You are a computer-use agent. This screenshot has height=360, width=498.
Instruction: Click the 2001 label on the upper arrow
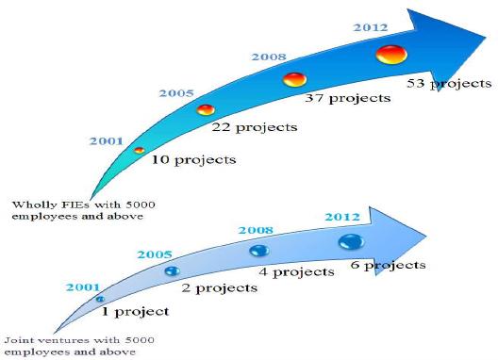[106, 141]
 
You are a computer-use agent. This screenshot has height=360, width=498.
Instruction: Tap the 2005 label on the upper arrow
[176, 93]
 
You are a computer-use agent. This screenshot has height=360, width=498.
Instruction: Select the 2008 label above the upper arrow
[269, 57]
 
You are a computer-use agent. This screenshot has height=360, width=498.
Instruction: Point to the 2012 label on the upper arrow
[371, 27]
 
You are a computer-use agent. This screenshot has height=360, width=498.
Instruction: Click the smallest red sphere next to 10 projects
[139, 150]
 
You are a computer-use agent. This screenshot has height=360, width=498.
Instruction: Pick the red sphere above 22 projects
[206, 110]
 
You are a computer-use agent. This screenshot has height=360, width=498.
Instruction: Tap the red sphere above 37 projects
[294, 79]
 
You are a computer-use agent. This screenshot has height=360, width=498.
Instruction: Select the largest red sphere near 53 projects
[391, 55]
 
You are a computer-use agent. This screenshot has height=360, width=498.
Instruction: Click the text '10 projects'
[193, 159]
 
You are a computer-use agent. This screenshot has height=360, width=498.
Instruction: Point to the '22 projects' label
[255, 127]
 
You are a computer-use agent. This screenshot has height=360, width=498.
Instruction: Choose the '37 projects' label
[348, 98]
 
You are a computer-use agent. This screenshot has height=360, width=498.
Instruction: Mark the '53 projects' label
[449, 84]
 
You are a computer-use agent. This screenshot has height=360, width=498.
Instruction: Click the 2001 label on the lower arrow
[83, 287]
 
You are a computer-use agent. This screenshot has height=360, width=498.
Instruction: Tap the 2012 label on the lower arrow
[342, 217]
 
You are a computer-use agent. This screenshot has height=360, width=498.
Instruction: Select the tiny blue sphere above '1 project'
[100, 299]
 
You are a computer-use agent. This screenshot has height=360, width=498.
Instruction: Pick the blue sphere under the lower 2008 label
[259, 250]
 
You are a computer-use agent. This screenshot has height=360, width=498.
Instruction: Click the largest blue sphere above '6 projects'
[351, 242]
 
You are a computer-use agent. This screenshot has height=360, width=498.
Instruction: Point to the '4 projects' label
[297, 272]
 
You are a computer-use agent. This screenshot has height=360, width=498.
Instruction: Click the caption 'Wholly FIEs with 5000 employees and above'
[84, 210]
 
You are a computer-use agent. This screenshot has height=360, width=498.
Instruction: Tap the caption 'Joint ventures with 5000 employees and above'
[79, 346]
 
